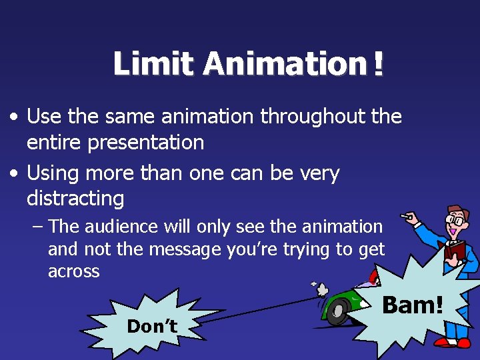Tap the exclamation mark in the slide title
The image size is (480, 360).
pyautogui.click(x=379, y=65)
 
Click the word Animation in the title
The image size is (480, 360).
pyautogui.click(x=285, y=65)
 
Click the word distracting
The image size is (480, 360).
pyautogui.click(x=75, y=198)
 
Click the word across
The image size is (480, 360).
pyautogui.click(x=74, y=271)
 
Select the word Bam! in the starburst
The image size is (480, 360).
pyautogui.click(x=412, y=305)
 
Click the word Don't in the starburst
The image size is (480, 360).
pyautogui.click(x=152, y=326)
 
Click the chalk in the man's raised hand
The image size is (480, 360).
pyautogui.click(x=405, y=216)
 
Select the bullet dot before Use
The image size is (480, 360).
pyautogui.click(x=14, y=117)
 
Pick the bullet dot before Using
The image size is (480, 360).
pyautogui.click(x=14, y=173)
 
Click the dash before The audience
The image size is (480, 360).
pyautogui.click(x=37, y=227)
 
